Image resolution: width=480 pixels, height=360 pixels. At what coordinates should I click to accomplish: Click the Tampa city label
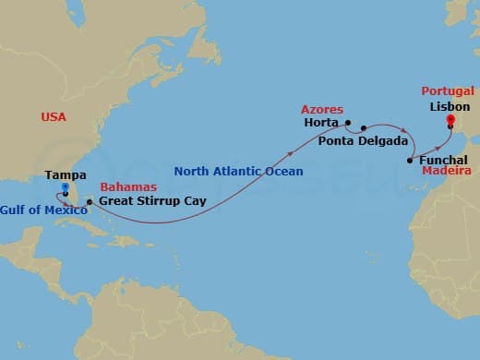[66, 175]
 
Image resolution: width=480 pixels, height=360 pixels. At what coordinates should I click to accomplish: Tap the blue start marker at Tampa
[65, 187]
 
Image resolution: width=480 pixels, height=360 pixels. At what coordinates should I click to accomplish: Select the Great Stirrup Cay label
[151, 199]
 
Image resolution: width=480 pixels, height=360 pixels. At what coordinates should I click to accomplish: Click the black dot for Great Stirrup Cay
[89, 201]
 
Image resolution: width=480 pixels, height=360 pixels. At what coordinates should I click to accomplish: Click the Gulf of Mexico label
[44, 211]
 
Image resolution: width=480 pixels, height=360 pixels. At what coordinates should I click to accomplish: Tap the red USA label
[54, 117]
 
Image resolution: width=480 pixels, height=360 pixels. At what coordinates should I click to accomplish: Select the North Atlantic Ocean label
[238, 171]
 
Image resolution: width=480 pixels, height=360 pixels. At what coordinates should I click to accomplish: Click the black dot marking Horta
[347, 122]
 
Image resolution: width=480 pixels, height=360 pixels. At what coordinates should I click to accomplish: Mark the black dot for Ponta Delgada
[364, 128]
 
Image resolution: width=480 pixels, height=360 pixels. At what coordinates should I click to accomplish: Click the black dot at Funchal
[409, 162]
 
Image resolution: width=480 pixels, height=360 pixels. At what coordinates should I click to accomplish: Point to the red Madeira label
[448, 172]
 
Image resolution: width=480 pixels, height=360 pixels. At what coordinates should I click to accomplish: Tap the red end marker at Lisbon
[450, 119]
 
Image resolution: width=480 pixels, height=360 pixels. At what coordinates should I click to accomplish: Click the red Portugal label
[448, 91]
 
